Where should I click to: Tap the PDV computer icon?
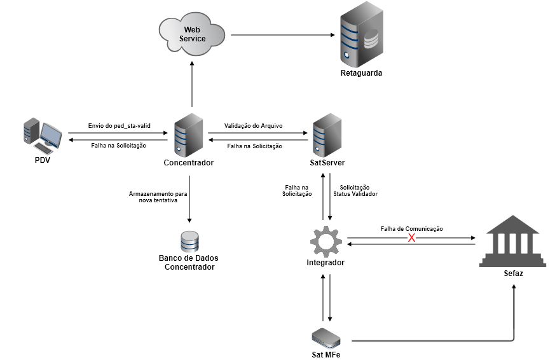(x=42, y=134)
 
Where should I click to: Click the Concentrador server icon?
(x=188, y=135)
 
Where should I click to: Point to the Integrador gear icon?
(x=325, y=240)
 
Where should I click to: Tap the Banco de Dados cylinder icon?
(x=189, y=241)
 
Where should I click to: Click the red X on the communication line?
(x=411, y=238)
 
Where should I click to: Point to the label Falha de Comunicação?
(x=411, y=228)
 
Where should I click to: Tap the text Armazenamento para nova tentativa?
(x=158, y=196)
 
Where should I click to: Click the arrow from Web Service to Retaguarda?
(x=283, y=35)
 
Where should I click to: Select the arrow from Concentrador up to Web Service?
(x=191, y=83)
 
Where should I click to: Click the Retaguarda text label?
(x=360, y=73)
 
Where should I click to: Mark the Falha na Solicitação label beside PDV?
(x=118, y=146)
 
